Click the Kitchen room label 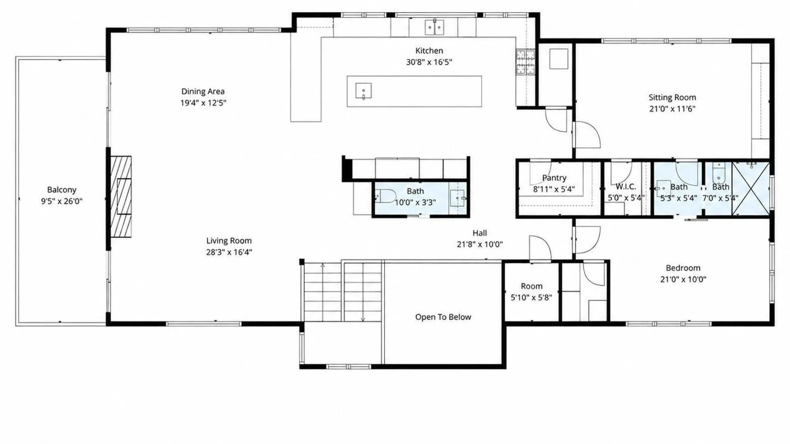click(x=429, y=51)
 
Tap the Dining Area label click(x=203, y=91)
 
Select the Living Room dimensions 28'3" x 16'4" click(x=229, y=252)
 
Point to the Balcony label click(x=62, y=190)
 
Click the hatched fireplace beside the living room click(x=121, y=197)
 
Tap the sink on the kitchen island click(x=363, y=91)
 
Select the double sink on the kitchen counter click(x=434, y=27)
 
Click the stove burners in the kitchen click(x=526, y=62)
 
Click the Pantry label click(x=554, y=178)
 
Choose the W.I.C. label click(x=625, y=186)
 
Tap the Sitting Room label click(x=672, y=97)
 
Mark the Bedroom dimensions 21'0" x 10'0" click(x=683, y=279)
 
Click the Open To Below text click(x=443, y=317)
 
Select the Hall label click(x=480, y=233)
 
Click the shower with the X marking click(x=751, y=188)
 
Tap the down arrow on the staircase click(x=363, y=292)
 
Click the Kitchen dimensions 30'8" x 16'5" click(x=429, y=62)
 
